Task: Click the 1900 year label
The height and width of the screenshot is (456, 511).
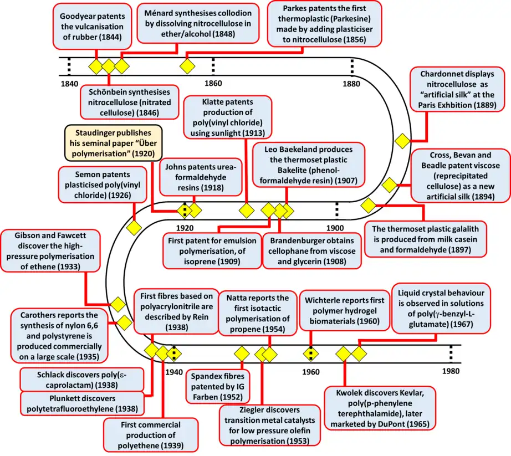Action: (335, 228)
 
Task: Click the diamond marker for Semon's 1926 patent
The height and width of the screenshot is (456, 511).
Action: (134, 228)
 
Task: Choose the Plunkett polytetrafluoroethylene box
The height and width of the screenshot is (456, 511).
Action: (84, 403)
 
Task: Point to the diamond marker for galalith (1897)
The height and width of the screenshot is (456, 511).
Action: (369, 206)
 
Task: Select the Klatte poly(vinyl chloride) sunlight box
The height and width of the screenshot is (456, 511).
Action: (227, 117)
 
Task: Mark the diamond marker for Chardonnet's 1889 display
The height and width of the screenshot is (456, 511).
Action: (402, 141)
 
